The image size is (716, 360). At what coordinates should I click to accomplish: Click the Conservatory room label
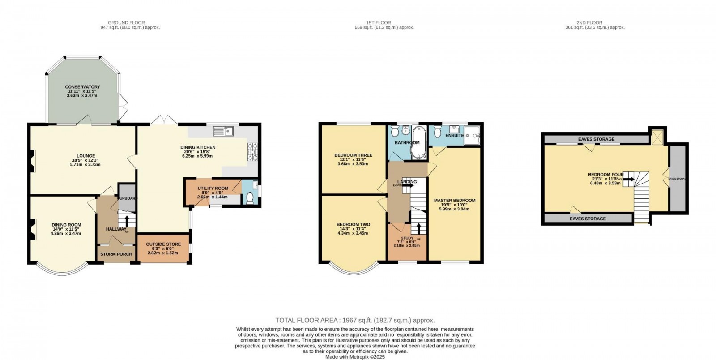[x=82, y=87]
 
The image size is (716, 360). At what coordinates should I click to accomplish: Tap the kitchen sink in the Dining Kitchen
[x=222, y=131]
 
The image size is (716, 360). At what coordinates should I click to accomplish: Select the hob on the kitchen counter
[x=252, y=151]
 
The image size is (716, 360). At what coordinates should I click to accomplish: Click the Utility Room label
[x=213, y=189]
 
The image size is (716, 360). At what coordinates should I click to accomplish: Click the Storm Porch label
[x=116, y=254]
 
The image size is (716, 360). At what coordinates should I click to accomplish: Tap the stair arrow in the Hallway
[x=126, y=221]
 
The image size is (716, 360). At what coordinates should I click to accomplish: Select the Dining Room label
[x=66, y=225]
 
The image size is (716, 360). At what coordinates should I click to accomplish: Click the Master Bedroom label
[x=455, y=200]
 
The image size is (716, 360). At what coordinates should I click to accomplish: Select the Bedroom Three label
[x=353, y=155]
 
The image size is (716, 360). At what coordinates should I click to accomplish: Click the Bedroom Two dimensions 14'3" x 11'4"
[x=353, y=229]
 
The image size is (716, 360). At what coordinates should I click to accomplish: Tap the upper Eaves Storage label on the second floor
[x=596, y=139]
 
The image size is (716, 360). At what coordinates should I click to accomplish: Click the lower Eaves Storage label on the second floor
[x=588, y=219]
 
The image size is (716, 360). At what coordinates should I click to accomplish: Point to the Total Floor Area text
[x=355, y=320]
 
